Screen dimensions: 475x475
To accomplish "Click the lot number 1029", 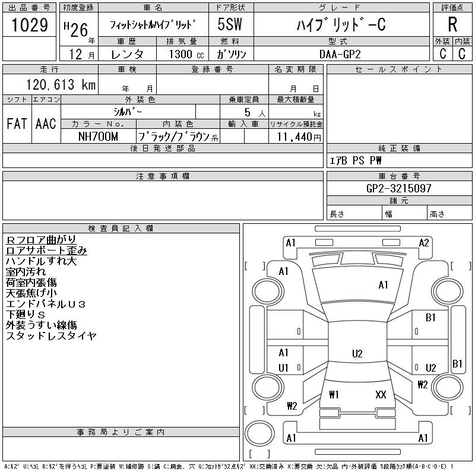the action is coord(30,25).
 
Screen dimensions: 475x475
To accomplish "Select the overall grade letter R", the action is coord(452,24).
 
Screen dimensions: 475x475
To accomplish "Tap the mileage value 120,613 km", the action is coord(61,84).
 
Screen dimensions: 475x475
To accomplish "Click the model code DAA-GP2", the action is coord(340,54).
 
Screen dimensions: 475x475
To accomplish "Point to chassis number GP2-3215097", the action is coord(398,188).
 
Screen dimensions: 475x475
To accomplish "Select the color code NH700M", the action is coord(98,137).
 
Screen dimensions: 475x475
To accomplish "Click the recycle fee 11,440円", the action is coord(299,137).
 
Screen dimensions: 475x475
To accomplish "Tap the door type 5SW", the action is coord(230,24).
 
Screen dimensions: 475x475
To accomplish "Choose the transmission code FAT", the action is coord(17,123).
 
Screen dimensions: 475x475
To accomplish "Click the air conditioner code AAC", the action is coord(46,123).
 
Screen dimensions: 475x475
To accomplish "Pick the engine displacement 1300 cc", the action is coord(186,54).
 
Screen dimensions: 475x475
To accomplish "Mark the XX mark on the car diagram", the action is coord(381,394).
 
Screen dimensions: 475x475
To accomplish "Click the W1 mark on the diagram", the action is coord(334,394).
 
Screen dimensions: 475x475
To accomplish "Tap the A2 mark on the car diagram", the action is coord(424,243).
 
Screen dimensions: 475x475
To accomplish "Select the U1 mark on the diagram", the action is coord(283,368).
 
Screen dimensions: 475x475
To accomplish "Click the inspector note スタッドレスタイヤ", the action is coord(51,335).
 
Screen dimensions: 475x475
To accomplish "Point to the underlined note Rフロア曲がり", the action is coord(41,240).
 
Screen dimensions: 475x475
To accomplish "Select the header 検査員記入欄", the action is coord(121,228).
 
